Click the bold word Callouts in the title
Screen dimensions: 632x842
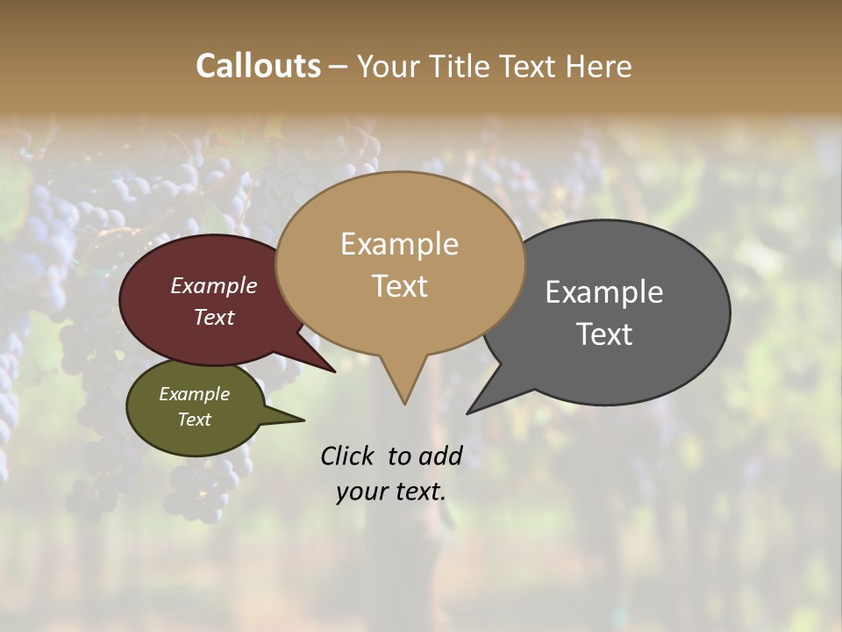tap(258, 66)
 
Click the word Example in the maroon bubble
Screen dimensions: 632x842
tap(214, 285)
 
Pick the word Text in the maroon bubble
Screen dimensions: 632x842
tap(214, 317)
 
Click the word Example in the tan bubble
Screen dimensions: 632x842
tap(399, 244)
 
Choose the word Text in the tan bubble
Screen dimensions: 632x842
tap(399, 286)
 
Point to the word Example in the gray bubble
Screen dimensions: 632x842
tap(604, 292)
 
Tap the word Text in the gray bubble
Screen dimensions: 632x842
tap(604, 334)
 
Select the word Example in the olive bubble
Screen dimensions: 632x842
tap(195, 394)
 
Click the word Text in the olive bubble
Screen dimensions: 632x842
tap(195, 420)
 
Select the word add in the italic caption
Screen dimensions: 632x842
tap(440, 456)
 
